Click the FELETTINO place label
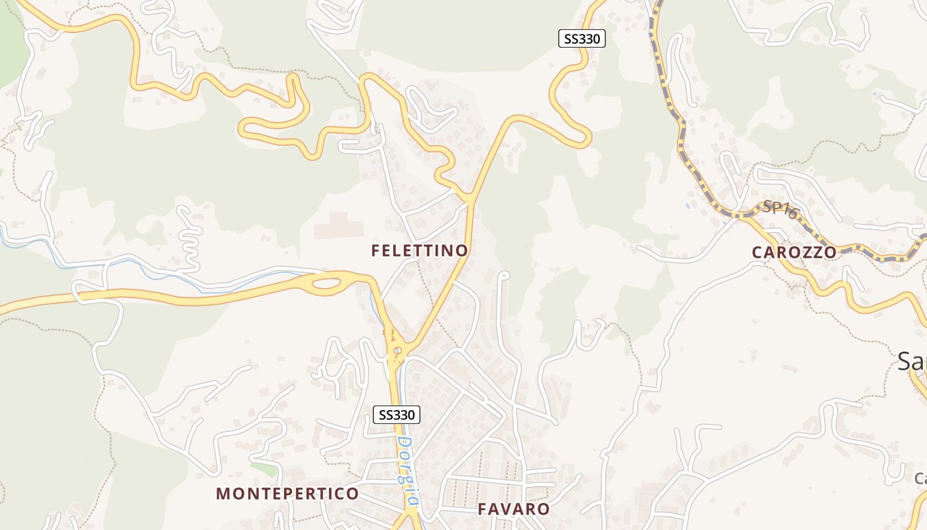coord(420,250)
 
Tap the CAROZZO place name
coord(794,252)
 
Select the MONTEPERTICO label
coord(287,494)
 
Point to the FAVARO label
coord(514,509)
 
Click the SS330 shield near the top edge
coord(581,39)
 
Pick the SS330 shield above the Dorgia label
coord(397,415)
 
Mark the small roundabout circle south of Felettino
coord(397,350)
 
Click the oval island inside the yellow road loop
coord(326,285)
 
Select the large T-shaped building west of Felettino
coord(339,226)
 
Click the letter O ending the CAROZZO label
coord(830,252)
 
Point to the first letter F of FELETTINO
coord(375,250)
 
